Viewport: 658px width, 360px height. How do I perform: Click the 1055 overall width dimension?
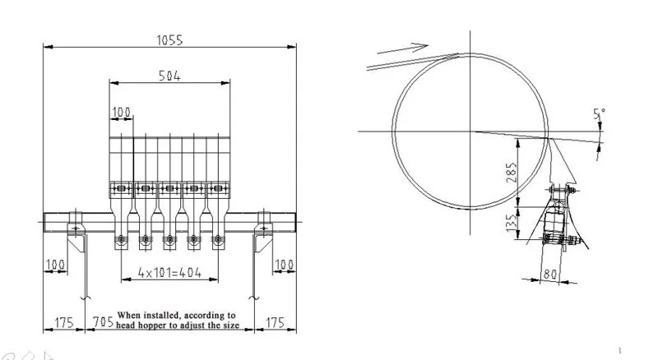(x=169, y=39)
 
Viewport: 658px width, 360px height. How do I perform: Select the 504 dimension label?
(x=169, y=76)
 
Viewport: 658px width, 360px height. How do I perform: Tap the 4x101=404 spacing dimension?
(x=169, y=273)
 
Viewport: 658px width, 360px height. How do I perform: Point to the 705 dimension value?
(x=104, y=322)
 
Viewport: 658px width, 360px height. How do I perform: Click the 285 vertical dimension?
(x=512, y=173)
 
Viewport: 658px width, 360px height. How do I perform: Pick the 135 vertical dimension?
(x=511, y=223)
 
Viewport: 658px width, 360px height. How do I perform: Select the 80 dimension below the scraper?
(x=549, y=275)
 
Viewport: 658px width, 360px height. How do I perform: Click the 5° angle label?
(x=600, y=113)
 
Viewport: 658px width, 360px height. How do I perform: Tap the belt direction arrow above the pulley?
(x=403, y=48)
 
